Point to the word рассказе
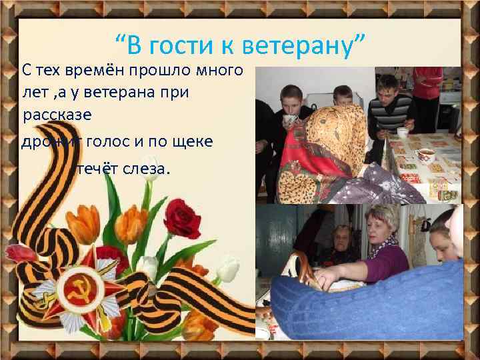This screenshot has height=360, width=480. [x=57, y=115]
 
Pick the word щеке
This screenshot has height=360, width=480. [x=194, y=141]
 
